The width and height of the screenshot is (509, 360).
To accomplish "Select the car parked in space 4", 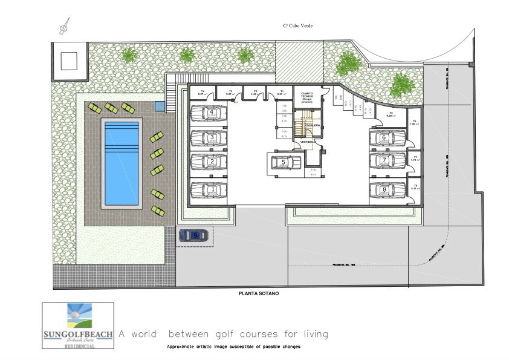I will (209, 113).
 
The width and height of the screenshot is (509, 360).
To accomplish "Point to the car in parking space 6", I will (388, 138).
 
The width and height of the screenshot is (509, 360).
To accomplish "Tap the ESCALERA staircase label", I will (312, 124).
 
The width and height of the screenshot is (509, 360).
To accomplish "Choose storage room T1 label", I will (281, 93).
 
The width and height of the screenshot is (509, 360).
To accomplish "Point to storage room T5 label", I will (391, 113).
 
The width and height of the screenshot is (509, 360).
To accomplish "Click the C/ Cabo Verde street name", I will (297, 25).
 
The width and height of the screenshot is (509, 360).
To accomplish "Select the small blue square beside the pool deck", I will (159, 106).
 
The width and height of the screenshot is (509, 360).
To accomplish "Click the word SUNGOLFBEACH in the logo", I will (77, 333).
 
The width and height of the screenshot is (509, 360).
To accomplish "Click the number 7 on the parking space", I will (384, 161).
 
